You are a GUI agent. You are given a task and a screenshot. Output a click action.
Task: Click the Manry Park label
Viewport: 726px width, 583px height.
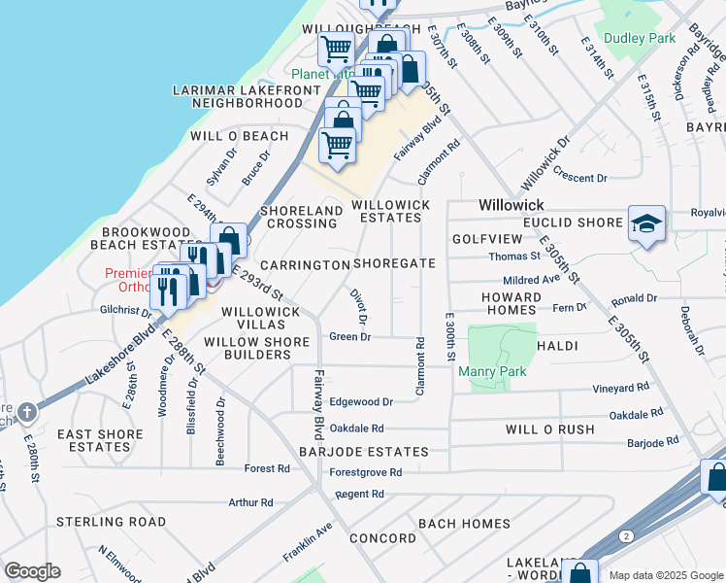[499, 372]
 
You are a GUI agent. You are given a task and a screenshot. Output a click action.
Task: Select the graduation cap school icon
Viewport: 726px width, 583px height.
[646, 223]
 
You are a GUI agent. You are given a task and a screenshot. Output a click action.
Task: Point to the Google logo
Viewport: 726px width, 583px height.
[31, 571]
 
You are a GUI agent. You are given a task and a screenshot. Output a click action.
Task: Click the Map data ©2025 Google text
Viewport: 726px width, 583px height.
[666, 575]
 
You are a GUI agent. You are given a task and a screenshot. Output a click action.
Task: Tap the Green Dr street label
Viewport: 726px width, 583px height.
[350, 337]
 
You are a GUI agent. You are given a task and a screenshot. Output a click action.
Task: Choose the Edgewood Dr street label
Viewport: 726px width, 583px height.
[361, 401]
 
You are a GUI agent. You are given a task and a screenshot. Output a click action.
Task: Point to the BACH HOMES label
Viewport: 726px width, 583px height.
[464, 524]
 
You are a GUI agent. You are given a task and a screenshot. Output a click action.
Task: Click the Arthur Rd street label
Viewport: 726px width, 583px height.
[250, 502]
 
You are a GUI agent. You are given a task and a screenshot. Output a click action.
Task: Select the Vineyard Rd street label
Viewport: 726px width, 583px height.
[621, 387]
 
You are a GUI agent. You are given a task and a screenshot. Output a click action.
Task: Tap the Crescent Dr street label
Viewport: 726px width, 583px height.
[579, 178]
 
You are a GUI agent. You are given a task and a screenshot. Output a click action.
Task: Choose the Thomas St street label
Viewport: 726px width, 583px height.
[514, 257]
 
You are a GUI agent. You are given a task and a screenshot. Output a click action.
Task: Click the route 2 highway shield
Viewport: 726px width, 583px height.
[627, 535]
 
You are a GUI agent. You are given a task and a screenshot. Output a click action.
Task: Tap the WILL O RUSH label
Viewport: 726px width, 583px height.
[549, 429]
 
